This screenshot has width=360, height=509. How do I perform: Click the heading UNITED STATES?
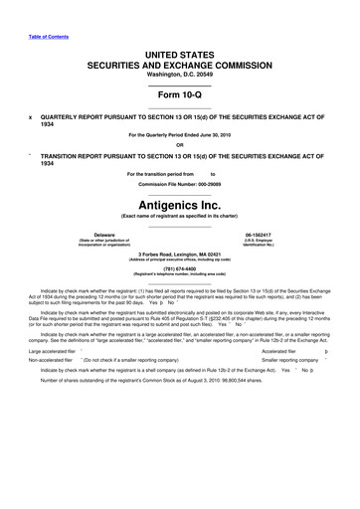(180, 52)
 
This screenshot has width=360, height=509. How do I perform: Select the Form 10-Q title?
(180, 93)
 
